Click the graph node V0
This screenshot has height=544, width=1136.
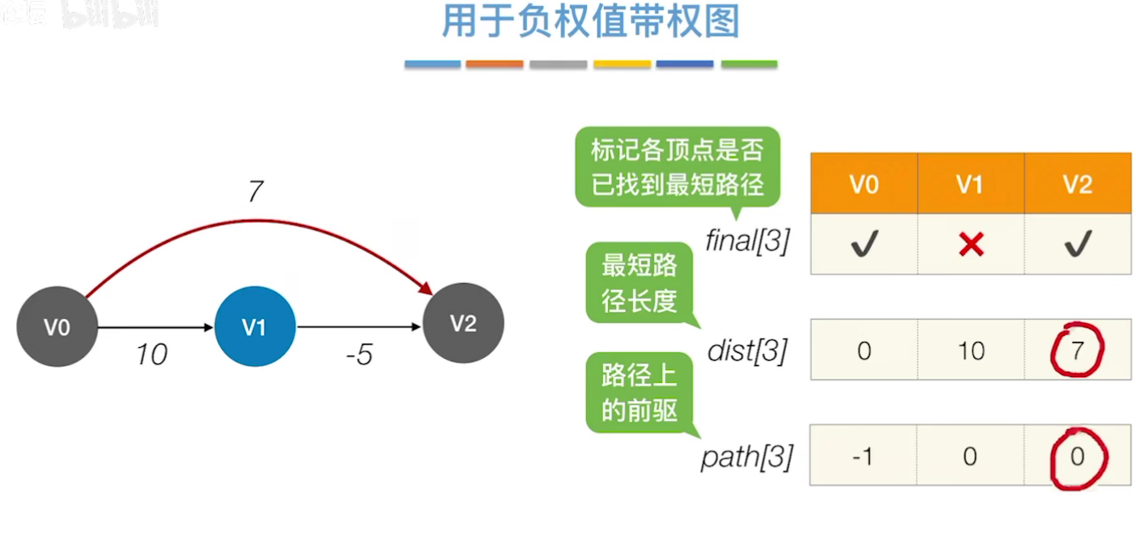point(57,327)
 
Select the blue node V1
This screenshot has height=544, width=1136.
point(254,327)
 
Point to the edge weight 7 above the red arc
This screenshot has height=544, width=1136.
point(254,193)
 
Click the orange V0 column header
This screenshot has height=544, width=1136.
point(864,184)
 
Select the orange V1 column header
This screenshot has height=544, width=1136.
point(970,184)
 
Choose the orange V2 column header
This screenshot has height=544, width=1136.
point(1077,184)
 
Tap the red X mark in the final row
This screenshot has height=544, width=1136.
point(971,246)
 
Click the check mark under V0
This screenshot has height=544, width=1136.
point(864,246)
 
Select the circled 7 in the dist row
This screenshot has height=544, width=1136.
point(1077,350)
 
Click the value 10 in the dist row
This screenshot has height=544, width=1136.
point(971,350)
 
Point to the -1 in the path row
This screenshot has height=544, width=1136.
point(863,457)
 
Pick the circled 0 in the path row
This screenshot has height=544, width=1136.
point(1077,457)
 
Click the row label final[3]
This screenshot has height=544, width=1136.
point(747,242)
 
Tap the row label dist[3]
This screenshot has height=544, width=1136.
point(747,350)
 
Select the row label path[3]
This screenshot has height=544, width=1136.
point(747,458)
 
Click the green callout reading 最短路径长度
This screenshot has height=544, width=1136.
point(640,284)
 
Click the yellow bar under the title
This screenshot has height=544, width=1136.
point(622,64)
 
